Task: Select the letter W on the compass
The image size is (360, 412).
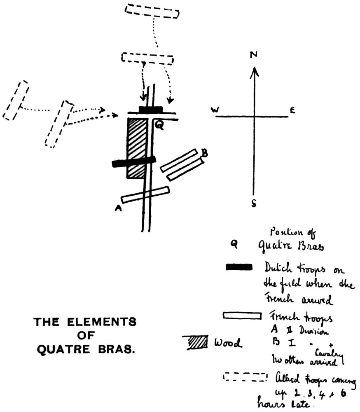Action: coord(215,110)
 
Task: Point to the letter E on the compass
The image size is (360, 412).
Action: coord(292,110)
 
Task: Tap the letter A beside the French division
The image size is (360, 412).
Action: coord(118,209)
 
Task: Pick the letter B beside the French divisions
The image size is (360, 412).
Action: coord(204,153)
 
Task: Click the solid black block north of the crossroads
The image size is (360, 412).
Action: coord(151,110)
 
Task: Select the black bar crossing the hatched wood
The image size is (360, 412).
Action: coord(134,162)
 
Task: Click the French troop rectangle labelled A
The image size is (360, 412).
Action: coord(145,194)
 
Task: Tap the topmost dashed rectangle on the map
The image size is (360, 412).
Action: coord(152,11)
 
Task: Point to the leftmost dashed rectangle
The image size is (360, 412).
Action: coord(16,100)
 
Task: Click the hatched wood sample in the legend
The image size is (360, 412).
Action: coord(197,342)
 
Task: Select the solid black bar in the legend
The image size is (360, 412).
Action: coord(239,268)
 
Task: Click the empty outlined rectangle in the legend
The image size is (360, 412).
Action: coord(242,316)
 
